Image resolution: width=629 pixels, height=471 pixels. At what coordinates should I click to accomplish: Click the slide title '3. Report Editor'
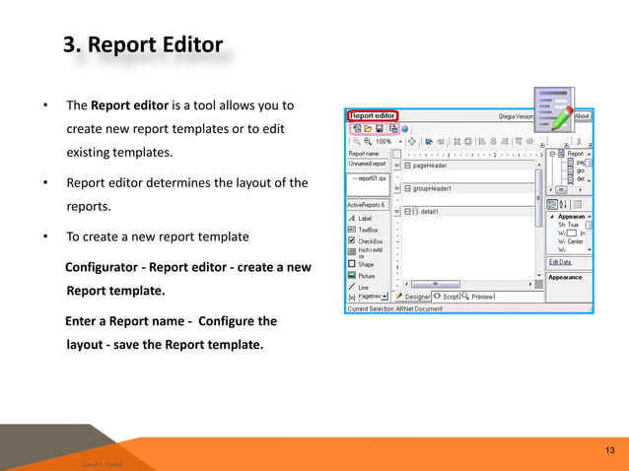click(142, 45)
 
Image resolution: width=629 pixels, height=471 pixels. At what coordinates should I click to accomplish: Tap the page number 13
click(609, 450)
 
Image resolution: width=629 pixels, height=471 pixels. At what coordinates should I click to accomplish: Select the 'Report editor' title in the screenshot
click(373, 115)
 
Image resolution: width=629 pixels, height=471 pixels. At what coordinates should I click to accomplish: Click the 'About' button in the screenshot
click(581, 115)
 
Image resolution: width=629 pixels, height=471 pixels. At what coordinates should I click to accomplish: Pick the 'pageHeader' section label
click(436, 167)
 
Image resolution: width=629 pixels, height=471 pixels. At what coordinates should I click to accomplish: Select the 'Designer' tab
click(417, 297)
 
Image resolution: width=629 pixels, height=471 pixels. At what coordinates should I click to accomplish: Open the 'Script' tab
click(450, 297)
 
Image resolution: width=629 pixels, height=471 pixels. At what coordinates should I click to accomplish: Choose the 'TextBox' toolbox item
click(368, 230)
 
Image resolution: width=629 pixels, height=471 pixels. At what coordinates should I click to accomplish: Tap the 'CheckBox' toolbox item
click(370, 240)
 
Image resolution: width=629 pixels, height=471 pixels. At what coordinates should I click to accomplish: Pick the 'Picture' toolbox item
click(367, 276)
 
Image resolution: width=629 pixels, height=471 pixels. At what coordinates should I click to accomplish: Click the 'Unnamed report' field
click(366, 166)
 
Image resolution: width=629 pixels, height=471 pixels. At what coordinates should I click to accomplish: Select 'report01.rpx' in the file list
click(370, 178)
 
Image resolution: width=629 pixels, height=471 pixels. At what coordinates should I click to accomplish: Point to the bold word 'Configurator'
click(106, 267)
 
